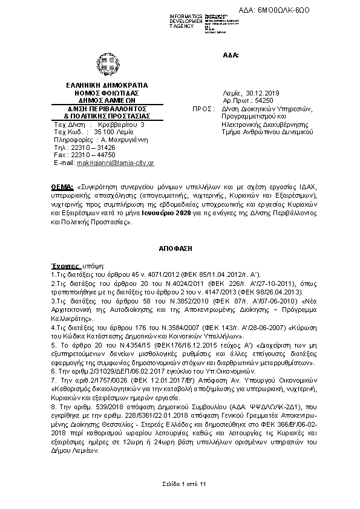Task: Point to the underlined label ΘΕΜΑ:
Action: [x=61, y=181]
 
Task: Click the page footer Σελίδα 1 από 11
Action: [x=180, y=484]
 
